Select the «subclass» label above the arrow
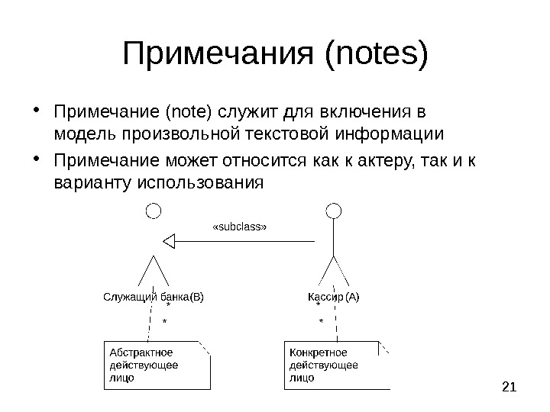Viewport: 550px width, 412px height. point(239,227)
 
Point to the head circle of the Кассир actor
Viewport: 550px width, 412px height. point(333,210)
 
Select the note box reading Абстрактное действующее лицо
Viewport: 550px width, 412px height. point(156,365)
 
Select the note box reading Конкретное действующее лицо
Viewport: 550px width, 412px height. point(334,365)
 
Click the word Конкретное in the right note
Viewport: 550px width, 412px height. point(318,352)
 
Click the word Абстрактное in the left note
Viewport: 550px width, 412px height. point(141,352)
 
